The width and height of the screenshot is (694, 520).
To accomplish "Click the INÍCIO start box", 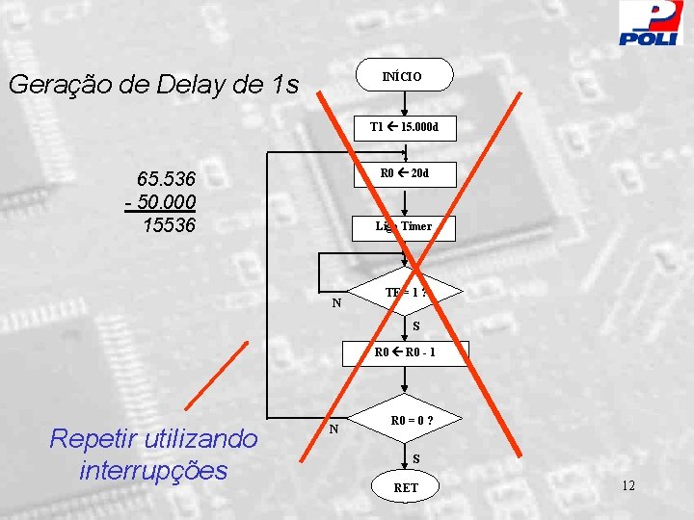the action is click(404, 75).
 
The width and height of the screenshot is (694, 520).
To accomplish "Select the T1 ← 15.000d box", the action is click(405, 127).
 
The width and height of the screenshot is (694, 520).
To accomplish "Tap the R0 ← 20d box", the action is click(405, 174).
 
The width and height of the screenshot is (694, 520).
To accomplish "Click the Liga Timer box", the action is click(405, 227).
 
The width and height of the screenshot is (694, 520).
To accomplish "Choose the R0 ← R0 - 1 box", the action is click(406, 352).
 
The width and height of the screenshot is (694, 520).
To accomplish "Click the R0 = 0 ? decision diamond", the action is click(406, 422).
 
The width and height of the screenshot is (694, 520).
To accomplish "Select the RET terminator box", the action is click(406, 487).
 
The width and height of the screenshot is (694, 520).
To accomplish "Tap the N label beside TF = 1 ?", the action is click(336, 303).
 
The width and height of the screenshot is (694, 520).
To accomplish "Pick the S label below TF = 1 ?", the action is click(416, 326).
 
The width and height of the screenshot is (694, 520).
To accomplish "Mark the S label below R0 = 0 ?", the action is click(416, 458).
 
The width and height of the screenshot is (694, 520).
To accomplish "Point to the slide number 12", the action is click(627, 485).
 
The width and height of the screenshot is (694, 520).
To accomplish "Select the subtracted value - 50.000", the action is click(161, 202).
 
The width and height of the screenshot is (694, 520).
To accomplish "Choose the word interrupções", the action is click(154, 470).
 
